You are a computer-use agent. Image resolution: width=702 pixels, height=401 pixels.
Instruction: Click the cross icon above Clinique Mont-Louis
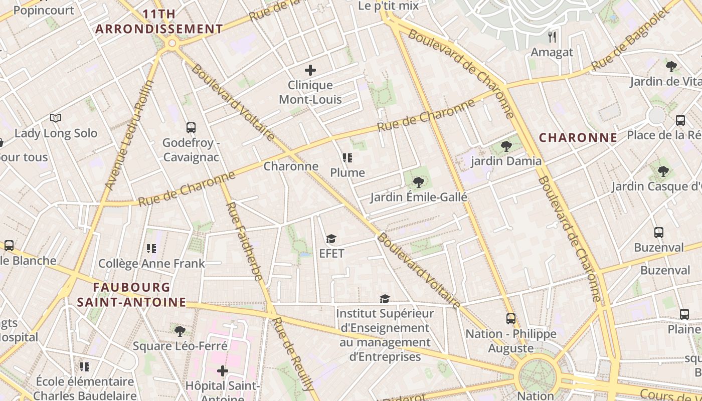(310, 70)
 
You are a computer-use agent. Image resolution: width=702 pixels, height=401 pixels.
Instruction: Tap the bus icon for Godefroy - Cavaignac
(191, 128)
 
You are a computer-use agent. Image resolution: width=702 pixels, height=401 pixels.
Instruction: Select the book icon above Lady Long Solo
(56, 118)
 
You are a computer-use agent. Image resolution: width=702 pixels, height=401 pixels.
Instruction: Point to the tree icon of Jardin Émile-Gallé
(418, 182)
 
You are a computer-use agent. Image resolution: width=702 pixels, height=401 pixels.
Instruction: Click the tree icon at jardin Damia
(506, 146)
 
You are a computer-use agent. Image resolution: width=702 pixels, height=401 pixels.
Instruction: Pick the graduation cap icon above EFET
(331, 239)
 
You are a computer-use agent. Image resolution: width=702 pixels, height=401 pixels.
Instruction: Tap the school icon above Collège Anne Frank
(151, 248)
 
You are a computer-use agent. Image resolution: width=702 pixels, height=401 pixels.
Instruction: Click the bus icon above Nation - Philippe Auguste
(510, 319)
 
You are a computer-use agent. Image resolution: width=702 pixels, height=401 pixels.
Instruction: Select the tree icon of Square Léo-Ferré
(180, 331)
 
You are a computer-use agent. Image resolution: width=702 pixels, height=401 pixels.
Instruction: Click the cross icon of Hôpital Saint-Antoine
(223, 371)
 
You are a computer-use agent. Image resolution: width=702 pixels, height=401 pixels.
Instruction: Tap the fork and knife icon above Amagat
(552, 37)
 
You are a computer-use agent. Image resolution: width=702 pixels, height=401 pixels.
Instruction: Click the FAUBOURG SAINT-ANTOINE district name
(132, 295)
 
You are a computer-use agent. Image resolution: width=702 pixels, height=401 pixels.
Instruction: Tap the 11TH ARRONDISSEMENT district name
(159, 22)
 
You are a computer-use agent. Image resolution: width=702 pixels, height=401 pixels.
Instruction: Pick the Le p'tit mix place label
(388, 6)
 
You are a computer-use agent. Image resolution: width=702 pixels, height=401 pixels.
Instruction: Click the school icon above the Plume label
(347, 158)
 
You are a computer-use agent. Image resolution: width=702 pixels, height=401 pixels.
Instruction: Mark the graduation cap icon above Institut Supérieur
(385, 299)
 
